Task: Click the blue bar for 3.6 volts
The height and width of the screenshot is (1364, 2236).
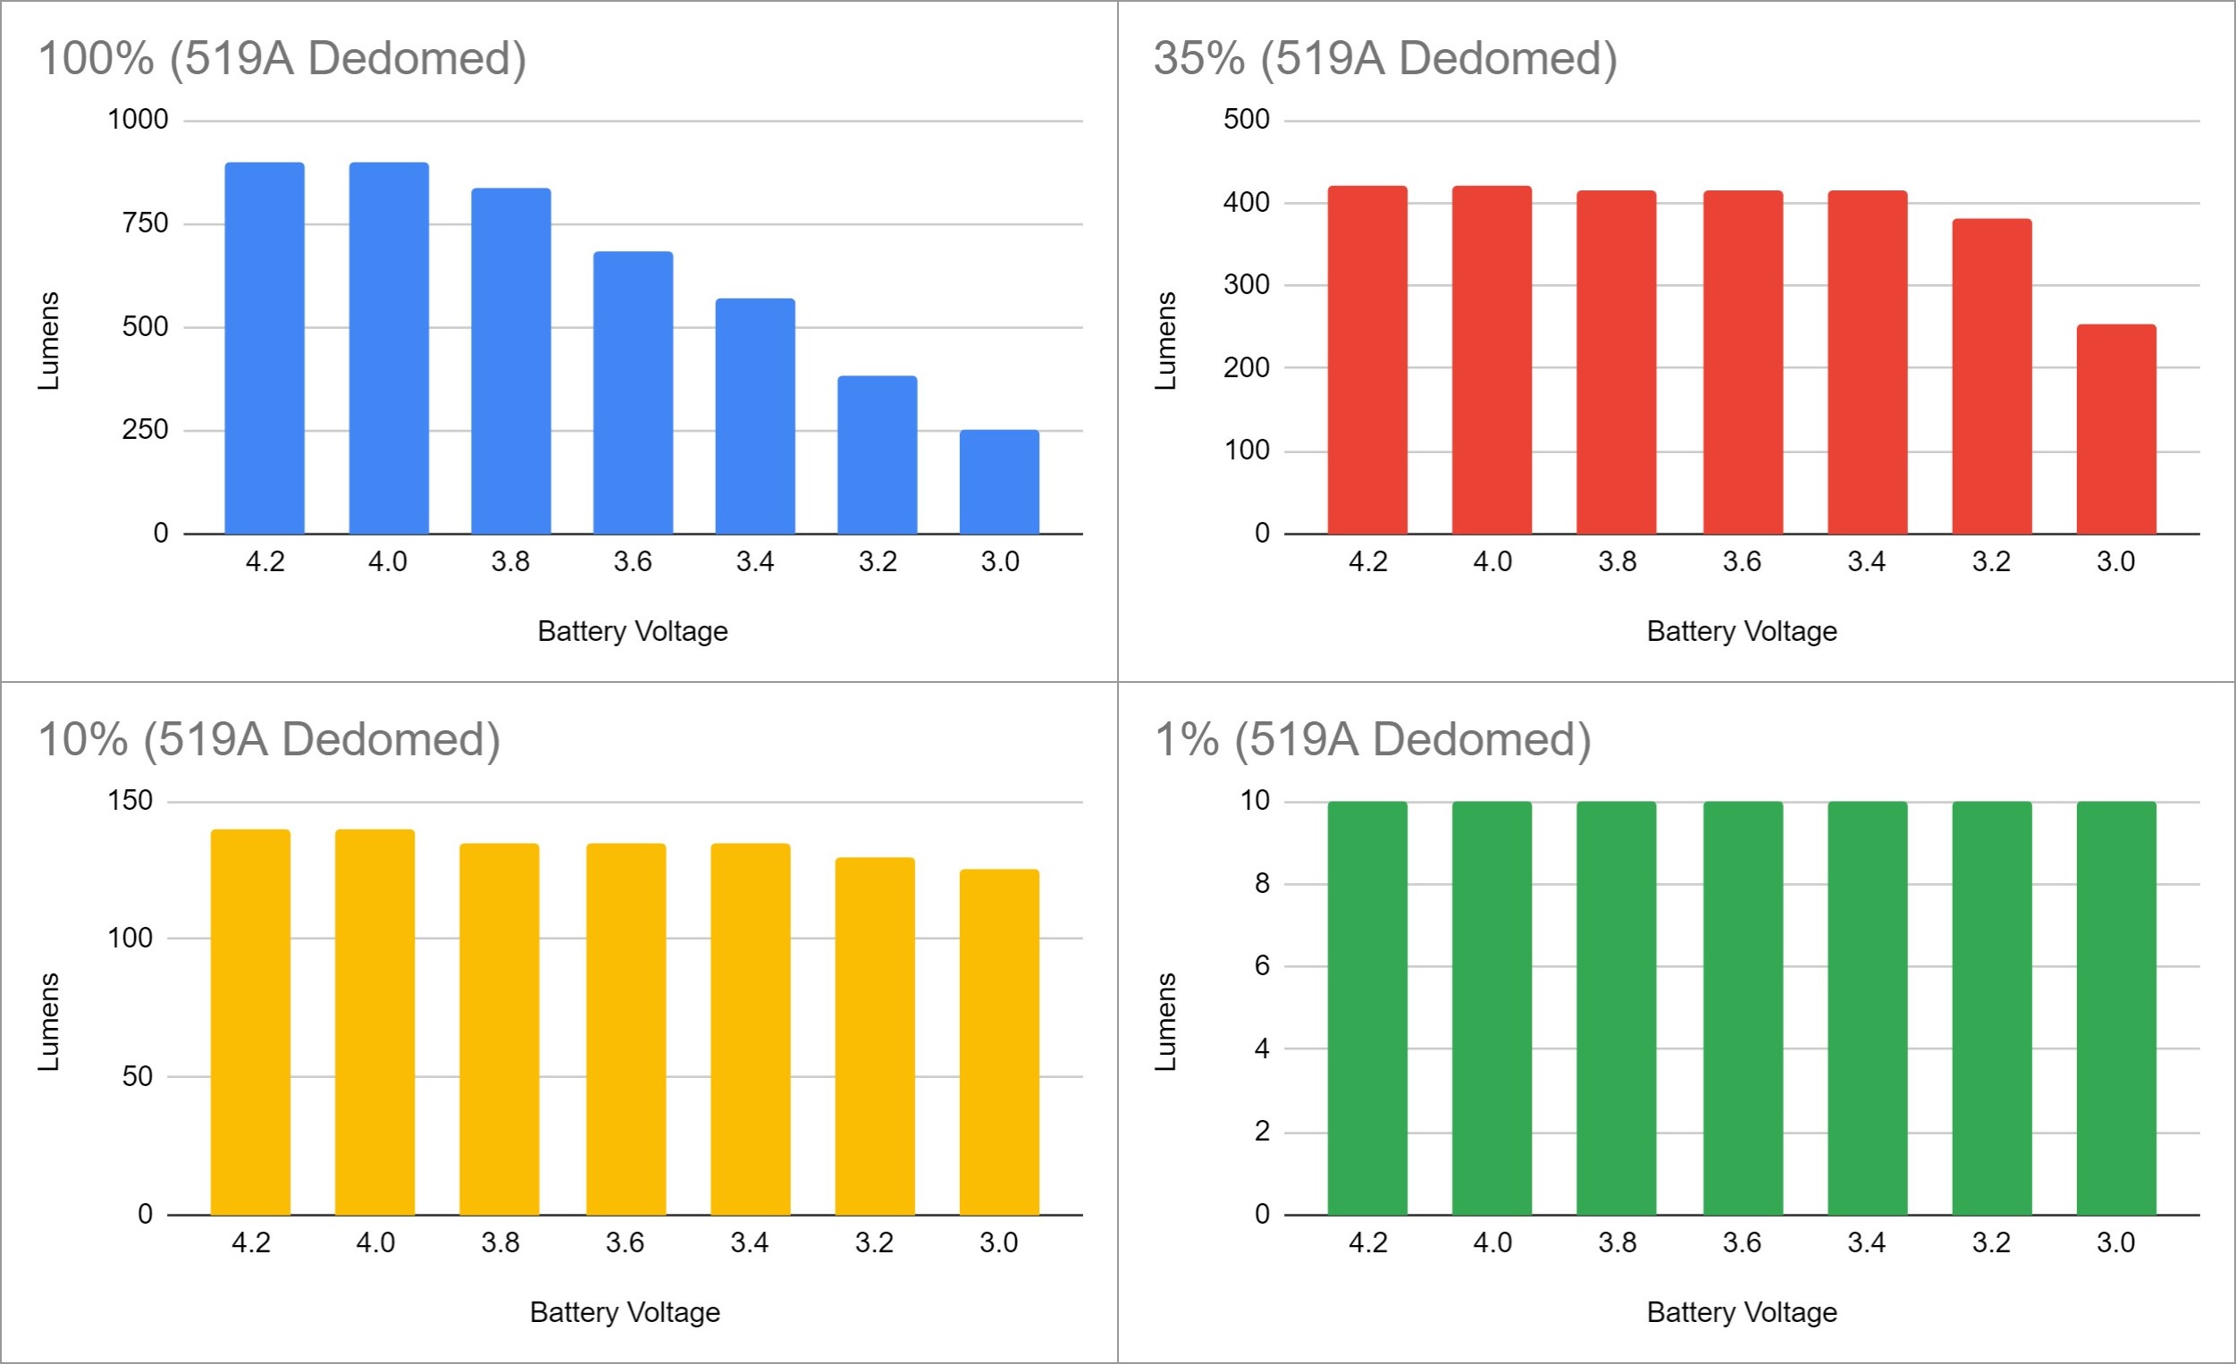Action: (x=633, y=393)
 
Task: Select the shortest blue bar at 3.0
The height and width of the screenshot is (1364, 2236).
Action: (x=999, y=482)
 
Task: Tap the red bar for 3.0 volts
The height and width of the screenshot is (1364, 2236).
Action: (x=2115, y=429)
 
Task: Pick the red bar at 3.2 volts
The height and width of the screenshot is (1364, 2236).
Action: (x=1991, y=376)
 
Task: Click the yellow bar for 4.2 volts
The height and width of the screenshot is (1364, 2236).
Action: (x=250, y=1022)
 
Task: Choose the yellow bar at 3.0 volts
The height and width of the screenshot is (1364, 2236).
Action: (x=998, y=1042)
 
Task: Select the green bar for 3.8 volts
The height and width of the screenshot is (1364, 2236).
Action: (x=1616, y=1008)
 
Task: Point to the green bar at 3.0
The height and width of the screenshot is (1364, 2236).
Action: (x=2115, y=1008)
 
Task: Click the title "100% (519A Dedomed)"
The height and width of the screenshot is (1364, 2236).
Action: (x=282, y=58)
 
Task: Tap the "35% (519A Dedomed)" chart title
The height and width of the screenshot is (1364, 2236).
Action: (x=1385, y=58)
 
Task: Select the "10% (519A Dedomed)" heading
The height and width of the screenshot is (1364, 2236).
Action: (x=269, y=738)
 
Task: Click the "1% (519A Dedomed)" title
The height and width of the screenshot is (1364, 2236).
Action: (x=1372, y=738)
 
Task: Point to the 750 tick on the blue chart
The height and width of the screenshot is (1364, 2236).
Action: (x=145, y=223)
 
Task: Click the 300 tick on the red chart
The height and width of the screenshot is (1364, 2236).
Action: (x=1246, y=285)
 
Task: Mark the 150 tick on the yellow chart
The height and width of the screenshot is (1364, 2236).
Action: (x=130, y=800)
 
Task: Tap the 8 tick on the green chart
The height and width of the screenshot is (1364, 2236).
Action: (x=1261, y=883)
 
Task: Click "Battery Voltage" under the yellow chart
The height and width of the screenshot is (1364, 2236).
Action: (x=625, y=1312)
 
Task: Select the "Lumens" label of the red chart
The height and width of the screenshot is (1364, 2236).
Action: (x=1165, y=341)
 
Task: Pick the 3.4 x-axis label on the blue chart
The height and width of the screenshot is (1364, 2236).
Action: (x=754, y=561)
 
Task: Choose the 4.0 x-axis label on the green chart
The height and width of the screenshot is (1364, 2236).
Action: (x=1492, y=1242)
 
